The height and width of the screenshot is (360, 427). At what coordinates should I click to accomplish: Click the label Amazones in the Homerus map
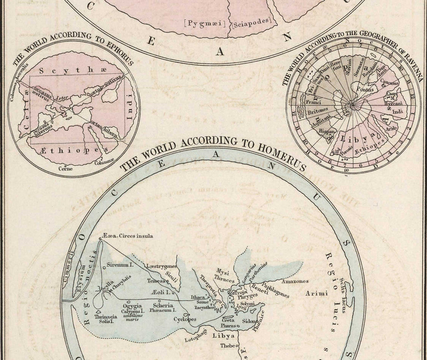click(295, 281)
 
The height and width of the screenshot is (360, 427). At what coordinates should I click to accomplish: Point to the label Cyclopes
click(185, 319)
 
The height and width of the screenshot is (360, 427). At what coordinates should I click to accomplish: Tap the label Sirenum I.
click(120, 264)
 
